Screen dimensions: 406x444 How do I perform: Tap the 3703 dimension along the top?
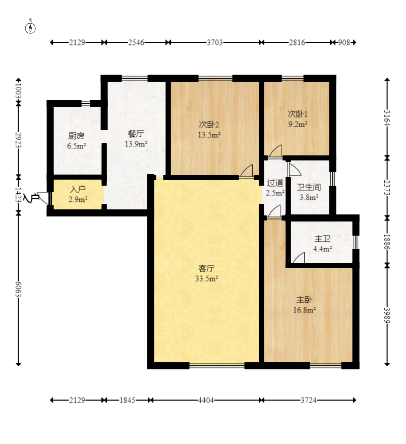[214, 42]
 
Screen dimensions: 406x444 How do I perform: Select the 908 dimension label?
[344, 42]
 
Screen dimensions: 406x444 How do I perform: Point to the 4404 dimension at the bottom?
[206, 400]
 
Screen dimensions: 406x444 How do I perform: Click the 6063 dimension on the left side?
[18, 289]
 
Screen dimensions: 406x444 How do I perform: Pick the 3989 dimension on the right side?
[387, 315]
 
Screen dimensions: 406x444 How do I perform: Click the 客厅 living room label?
[206, 268]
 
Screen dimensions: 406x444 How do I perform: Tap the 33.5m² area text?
[206, 279]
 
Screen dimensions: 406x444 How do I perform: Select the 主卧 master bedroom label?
[304, 299]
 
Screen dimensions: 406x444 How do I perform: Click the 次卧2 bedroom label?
[209, 124]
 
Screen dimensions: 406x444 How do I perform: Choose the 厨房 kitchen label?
[76, 136]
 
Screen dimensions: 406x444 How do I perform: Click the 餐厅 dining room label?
[136, 133]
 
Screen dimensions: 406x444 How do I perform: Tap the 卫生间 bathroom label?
[309, 187]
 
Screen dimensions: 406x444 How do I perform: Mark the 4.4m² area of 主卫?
[322, 249]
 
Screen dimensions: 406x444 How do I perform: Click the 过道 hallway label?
[275, 183]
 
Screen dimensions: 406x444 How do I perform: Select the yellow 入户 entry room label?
[78, 189]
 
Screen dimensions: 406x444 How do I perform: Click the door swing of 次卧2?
[246, 171]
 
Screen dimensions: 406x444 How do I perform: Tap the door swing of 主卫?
[299, 257]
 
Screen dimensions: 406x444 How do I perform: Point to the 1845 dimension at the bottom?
[127, 400]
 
